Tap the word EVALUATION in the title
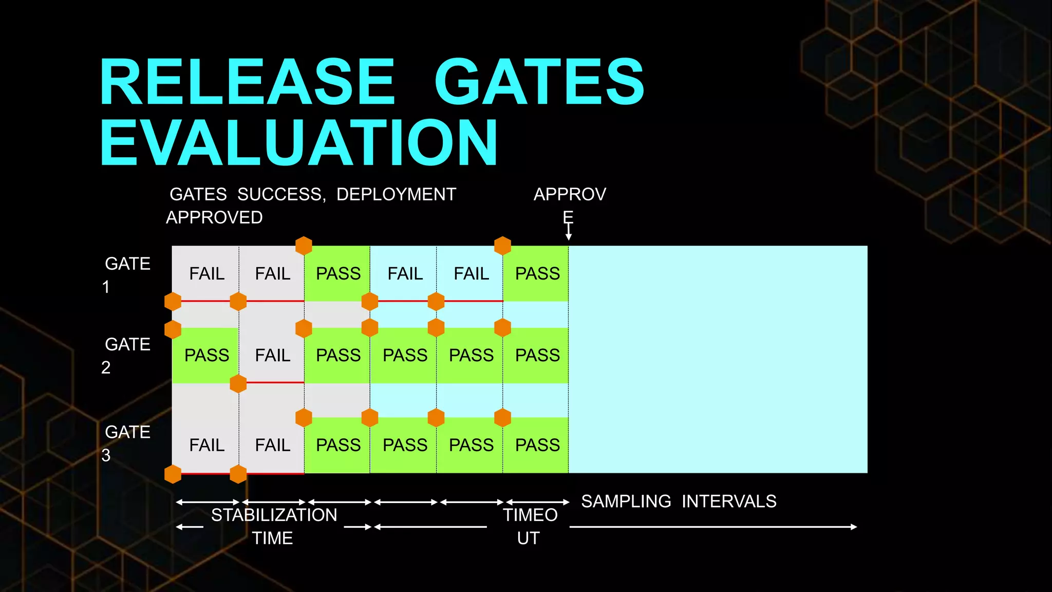pos(299,143)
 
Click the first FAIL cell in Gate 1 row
pos(206,273)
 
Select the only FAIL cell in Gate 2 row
pos(272,355)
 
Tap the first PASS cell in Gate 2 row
pos(206,355)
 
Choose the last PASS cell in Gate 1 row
pos(537,273)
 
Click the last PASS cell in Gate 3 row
pos(537,445)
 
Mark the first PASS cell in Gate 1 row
pos(338,273)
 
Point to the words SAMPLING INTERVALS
pos(679,501)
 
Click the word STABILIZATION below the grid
pos(274,515)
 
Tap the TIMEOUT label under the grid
pos(530,526)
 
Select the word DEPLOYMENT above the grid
pos(396,194)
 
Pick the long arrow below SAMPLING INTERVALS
pos(713,527)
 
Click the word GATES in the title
pos(539,82)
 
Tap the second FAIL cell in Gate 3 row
pos(272,445)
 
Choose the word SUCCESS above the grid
pos(281,194)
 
